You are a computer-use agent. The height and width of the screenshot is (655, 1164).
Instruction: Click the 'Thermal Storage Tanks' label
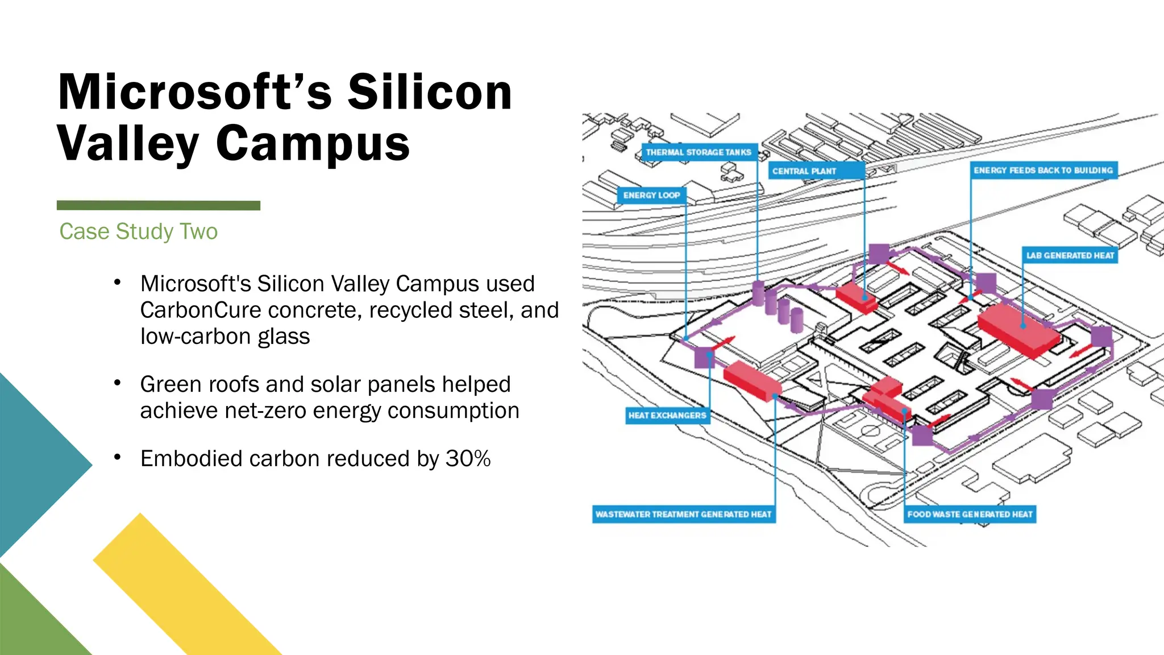coord(699,152)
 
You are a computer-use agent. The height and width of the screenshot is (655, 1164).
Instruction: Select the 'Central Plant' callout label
coord(804,171)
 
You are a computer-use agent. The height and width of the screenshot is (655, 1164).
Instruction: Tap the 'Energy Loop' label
coord(651,196)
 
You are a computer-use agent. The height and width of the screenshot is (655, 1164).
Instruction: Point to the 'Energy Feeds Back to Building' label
coord(1043,171)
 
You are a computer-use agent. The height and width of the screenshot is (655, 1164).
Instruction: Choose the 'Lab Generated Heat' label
coord(1070,256)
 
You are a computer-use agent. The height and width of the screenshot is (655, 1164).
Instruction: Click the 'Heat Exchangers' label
coord(667,416)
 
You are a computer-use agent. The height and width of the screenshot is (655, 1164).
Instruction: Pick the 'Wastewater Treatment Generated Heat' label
coord(683,515)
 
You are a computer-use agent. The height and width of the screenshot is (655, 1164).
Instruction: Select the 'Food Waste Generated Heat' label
coord(970,515)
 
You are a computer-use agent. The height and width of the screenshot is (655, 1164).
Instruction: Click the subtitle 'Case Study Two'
coord(138,231)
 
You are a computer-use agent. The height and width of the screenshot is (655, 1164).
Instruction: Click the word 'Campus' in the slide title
coord(313,143)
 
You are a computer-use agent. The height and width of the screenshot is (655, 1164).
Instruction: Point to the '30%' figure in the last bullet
coord(468,459)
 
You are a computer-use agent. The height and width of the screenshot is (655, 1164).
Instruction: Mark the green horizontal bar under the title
coord(159,205)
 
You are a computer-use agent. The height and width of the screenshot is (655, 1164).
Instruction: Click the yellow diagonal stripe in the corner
coord(188,586)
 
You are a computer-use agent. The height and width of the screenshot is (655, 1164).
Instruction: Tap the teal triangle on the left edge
coord(34,463)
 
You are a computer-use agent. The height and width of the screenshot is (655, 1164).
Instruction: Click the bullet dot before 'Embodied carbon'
coord(117,457)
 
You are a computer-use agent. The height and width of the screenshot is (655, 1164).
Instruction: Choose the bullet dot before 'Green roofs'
coord(117,383)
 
